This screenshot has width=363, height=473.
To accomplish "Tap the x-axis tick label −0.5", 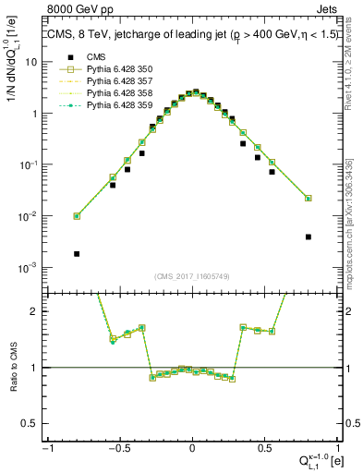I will (118, 448).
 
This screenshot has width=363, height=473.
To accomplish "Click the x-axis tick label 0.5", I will (264, 448).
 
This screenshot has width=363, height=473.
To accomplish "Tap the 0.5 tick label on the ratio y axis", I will (31, 423).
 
